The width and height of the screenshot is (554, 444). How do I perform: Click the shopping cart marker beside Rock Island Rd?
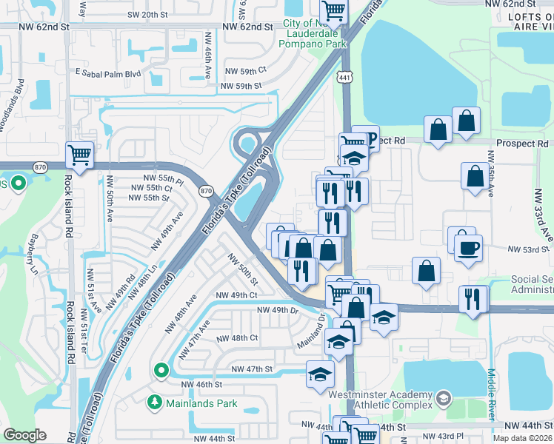click(80, 155)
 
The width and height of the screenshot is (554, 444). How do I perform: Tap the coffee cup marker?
click(468, 248)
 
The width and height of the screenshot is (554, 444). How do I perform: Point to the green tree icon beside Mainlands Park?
click(155, 403)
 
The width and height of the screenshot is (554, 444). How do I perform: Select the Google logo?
click(25, 434)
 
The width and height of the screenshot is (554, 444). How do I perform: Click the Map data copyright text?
click(521, 438)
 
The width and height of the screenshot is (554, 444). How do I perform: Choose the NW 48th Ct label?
click(237, 337)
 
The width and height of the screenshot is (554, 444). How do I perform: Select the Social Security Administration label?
click(532, 286)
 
